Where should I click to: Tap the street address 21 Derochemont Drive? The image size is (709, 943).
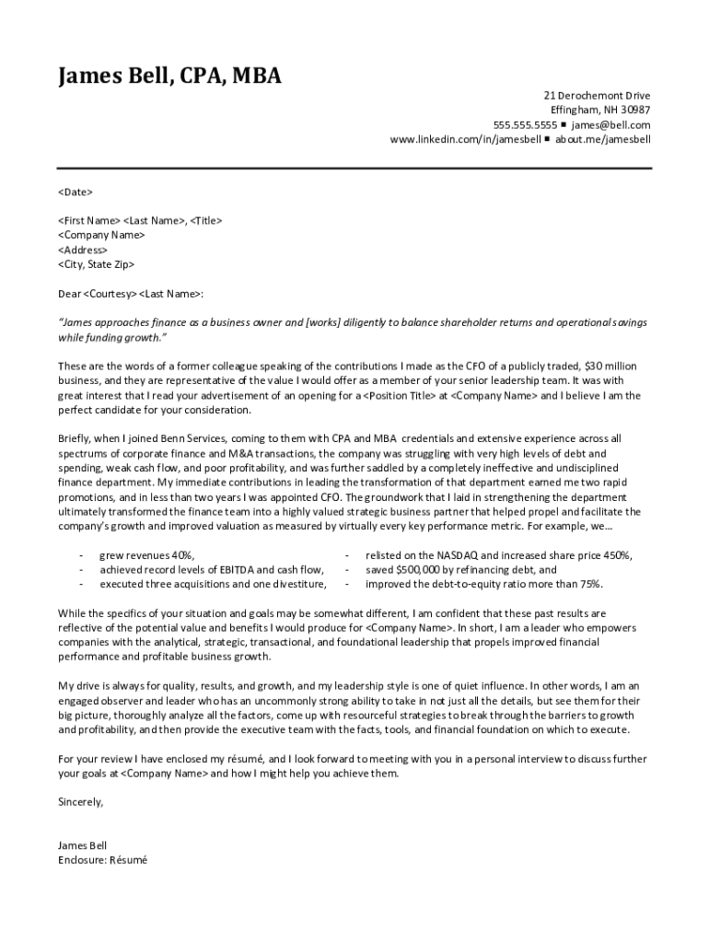(597, 96)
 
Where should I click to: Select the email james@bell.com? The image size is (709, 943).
(610, 125)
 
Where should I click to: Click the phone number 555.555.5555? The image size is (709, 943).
(525, 125)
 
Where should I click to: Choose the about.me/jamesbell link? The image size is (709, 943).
(602, 140)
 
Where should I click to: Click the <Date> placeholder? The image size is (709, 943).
(75, 192)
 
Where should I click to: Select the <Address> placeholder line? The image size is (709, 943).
(83, 250)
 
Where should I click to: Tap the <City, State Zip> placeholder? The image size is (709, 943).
(96, 264)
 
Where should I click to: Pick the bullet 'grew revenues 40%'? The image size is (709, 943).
(147, 555)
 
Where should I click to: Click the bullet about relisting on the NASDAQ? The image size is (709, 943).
(498, 555)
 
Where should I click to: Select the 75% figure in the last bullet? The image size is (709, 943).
(591, 584)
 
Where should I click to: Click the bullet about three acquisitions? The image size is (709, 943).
(213, 584)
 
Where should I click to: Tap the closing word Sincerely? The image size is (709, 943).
(80, 802)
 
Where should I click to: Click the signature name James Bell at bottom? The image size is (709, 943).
(82, 845)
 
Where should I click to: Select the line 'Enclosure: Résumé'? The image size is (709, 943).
(102, 860)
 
